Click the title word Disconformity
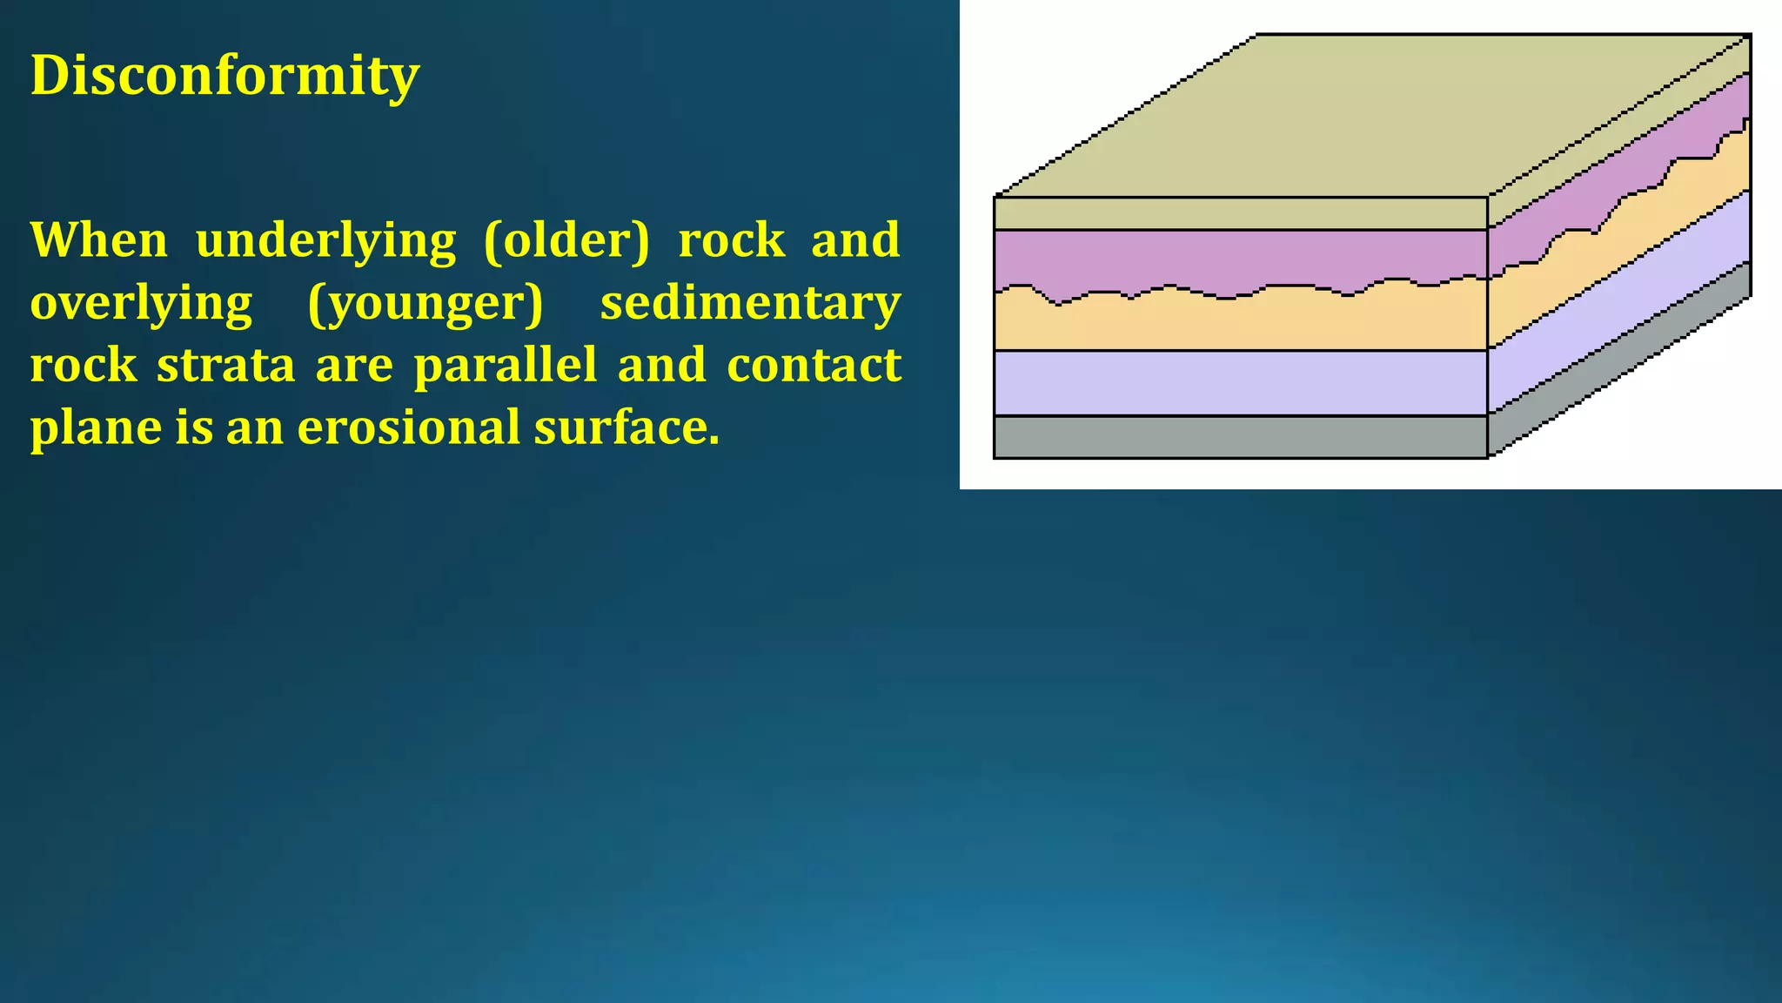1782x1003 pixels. coord(224,77)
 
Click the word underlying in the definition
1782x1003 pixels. coord(325,241)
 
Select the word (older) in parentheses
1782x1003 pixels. coord(566,241)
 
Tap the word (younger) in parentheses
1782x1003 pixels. coord(425,304)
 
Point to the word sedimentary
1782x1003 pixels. coord(750,304)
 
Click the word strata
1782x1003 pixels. coord(225,366)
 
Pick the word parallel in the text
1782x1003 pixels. coord(506,366)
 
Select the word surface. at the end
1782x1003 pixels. coord(626,428)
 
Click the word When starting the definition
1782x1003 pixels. coord(98,241)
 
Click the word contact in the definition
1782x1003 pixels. coord(814,366)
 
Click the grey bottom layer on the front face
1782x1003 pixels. coord(1240,437)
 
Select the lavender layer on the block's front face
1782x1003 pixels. coord(1240,383)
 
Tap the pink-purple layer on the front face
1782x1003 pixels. coord(1240,258)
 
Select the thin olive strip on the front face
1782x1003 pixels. coord(1240,213)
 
